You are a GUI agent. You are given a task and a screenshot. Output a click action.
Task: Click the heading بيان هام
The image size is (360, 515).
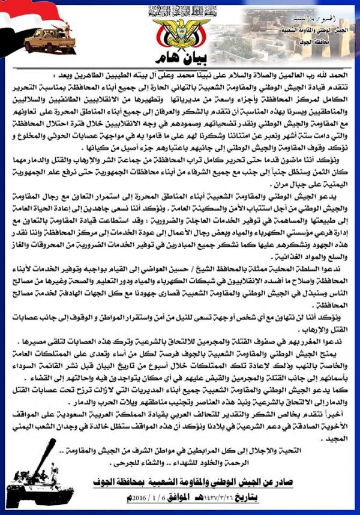[179, 58]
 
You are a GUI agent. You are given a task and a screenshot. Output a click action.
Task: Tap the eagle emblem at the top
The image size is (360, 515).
[179, 32]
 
